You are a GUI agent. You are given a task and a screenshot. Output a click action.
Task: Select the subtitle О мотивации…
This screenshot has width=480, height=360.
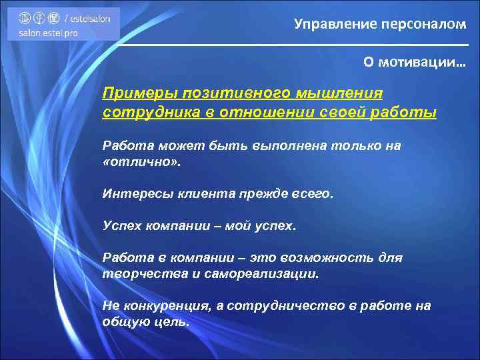[415, 61]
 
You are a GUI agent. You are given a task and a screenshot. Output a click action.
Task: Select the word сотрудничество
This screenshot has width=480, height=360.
[291, 305]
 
